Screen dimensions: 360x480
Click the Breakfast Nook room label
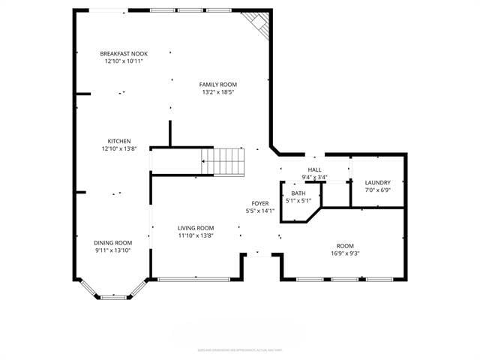(124, 54)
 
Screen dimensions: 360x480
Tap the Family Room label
(217, 85)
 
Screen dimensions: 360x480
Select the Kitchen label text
(119, 141)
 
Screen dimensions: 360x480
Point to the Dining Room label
(112, 242)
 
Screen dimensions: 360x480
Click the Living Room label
(196, 228)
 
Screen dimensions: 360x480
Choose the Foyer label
(259, 203)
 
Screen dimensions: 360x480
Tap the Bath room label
(298, 193)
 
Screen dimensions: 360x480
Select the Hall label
(314, 170)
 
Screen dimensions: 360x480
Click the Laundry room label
(377, 183)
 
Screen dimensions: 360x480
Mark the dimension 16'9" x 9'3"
(345, 253)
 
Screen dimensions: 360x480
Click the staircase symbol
(223, 161)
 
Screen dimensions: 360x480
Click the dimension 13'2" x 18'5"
(217, 92)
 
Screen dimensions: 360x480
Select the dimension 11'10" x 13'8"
(196, 235)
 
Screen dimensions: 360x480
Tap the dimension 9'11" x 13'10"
(112, 250)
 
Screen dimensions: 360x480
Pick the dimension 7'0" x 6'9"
(377, 190)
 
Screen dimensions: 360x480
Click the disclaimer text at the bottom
(239, 349)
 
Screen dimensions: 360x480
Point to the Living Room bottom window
(195, 280)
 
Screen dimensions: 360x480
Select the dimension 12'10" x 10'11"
(124, 61)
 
